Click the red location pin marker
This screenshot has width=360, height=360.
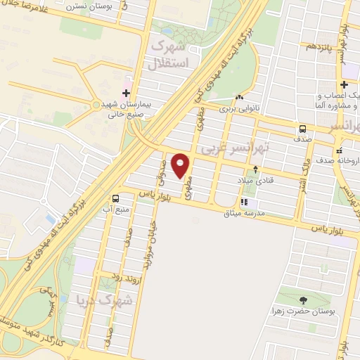tap(181, 166)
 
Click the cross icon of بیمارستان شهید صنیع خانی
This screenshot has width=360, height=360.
tap(126, 92)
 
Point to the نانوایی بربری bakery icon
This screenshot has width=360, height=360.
tap(240, 98)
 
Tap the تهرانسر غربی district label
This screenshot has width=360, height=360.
tap(226, 150)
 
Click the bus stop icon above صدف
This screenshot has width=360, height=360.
tap(302, 129)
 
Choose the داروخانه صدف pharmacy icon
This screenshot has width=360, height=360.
tap(340, 150)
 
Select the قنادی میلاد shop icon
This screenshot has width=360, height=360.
tap(255, 169)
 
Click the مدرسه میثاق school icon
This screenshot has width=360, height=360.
tap(244, 202)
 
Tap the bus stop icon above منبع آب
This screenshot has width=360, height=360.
tap(115, 198)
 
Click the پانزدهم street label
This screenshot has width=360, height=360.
tap(310, 47)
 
